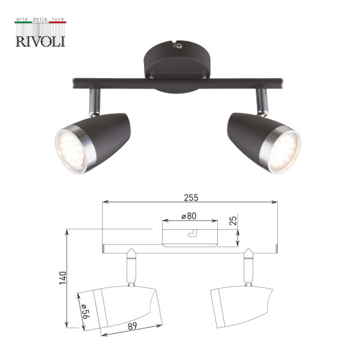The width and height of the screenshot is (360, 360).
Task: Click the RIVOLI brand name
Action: point(41,40)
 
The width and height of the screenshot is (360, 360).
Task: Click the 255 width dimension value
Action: point(191,196)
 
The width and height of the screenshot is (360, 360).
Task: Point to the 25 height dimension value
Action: point(233,221)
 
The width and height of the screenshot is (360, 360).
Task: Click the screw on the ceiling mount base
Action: point(178,44)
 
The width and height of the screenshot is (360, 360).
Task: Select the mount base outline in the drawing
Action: point(190,233)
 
